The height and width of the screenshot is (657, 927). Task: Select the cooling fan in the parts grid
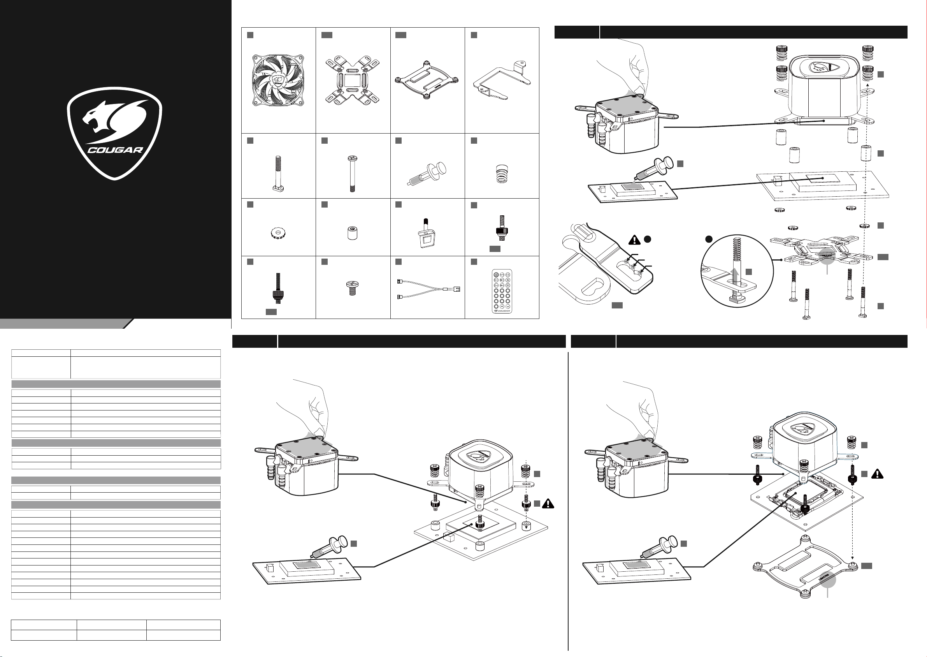278,81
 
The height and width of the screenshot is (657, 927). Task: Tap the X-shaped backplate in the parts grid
352,81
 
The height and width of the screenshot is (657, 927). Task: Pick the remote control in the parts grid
502,291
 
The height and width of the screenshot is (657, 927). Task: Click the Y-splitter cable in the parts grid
428,289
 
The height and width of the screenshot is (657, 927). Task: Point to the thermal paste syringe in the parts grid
427,174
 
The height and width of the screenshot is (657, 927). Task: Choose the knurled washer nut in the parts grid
278,233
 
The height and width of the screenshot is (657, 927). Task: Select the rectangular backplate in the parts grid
427,81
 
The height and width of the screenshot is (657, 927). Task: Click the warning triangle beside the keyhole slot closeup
635,240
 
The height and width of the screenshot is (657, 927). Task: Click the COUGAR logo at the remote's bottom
502,311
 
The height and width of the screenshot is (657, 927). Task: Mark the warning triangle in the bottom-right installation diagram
877,474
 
